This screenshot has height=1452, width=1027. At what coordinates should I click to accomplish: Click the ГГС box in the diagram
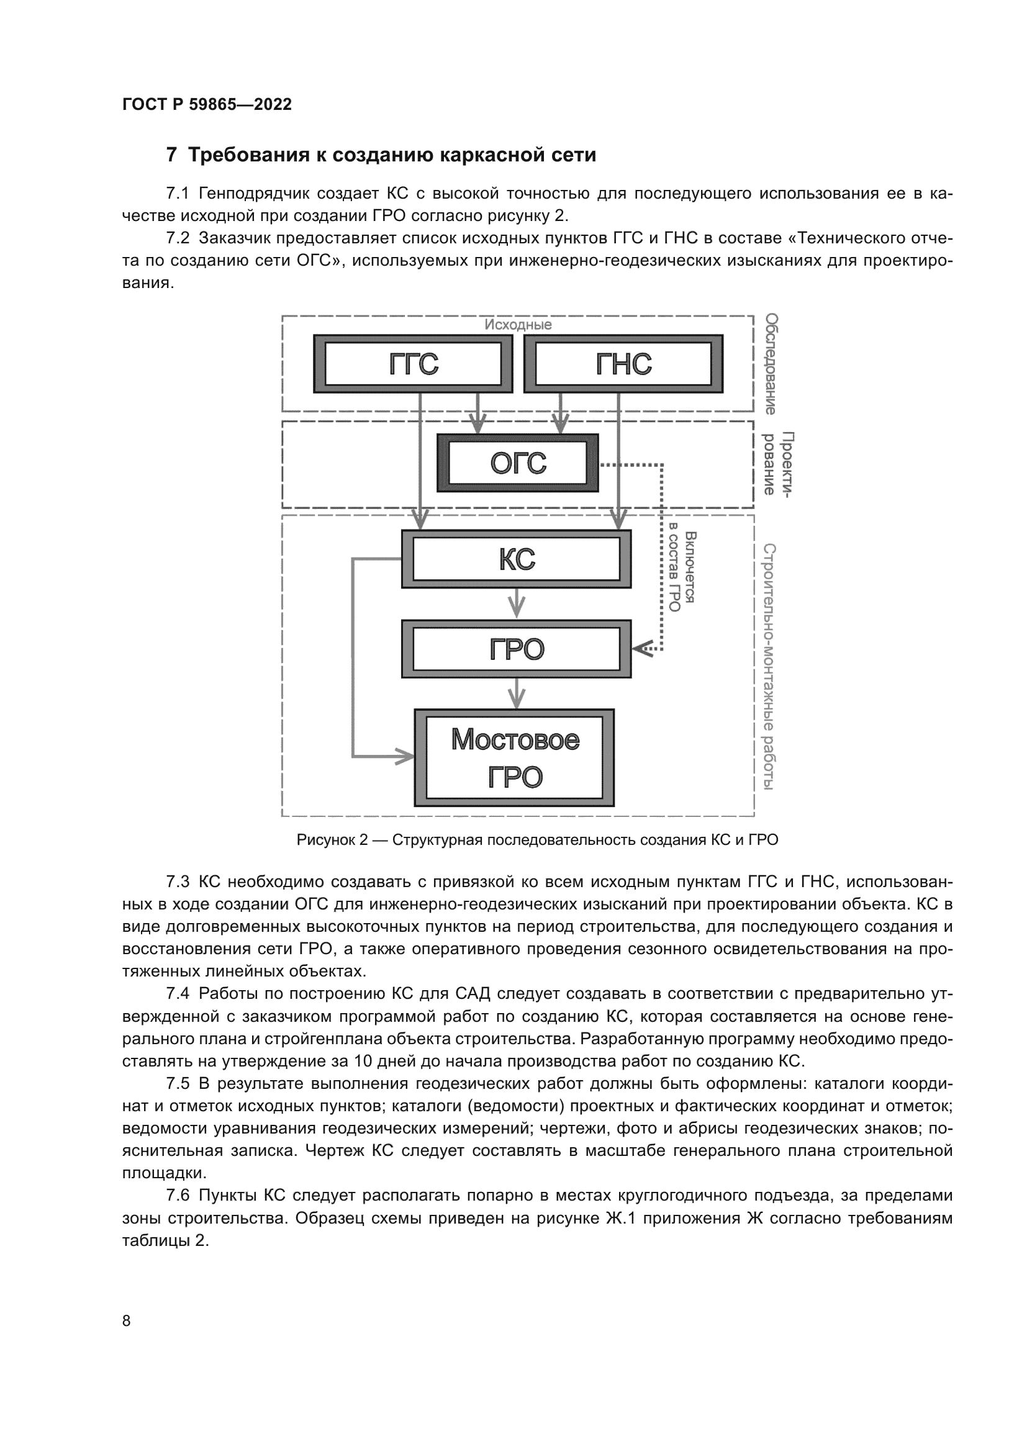pyautogui.click(x=413, y=364)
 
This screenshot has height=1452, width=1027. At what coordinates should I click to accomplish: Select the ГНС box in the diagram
pyautogui.click(x=623, y=364)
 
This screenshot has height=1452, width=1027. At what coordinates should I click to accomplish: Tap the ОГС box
pyautogui.click(x=517, y=464)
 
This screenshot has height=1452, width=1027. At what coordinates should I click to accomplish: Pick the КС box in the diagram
pyautogui.click(x=516, y=559)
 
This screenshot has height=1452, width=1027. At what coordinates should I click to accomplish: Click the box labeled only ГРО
pyautogui.click(x=516, y=649)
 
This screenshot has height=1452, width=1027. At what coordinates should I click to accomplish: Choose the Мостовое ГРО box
pyautogui.click(x=514, y=758)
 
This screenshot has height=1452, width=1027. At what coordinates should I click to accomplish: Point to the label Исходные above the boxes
pyautogui.click(x=518, y=325)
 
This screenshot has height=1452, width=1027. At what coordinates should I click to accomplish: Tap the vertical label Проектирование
pyautogui.click(x=777, y=464)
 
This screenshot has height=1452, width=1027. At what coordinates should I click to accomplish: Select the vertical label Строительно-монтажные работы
pyautogui.click(x=769, y=667)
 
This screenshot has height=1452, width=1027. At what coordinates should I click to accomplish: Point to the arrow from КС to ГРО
pyautogui.click(x=517, y=604)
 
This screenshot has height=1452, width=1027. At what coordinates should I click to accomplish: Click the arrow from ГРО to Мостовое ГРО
pyautogui.click(x=517, y=694)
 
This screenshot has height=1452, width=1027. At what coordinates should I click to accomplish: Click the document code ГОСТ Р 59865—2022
pyautogui.click(x=207, y=105)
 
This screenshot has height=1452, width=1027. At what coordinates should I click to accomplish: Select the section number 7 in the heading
pyautogui.click(x=171, y=155)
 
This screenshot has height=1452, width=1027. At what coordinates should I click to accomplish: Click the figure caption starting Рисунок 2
pyautogui.click(x=537, y=841)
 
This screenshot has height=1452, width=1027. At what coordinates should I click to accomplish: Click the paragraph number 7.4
pyautogui.click(x=178, y=993)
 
